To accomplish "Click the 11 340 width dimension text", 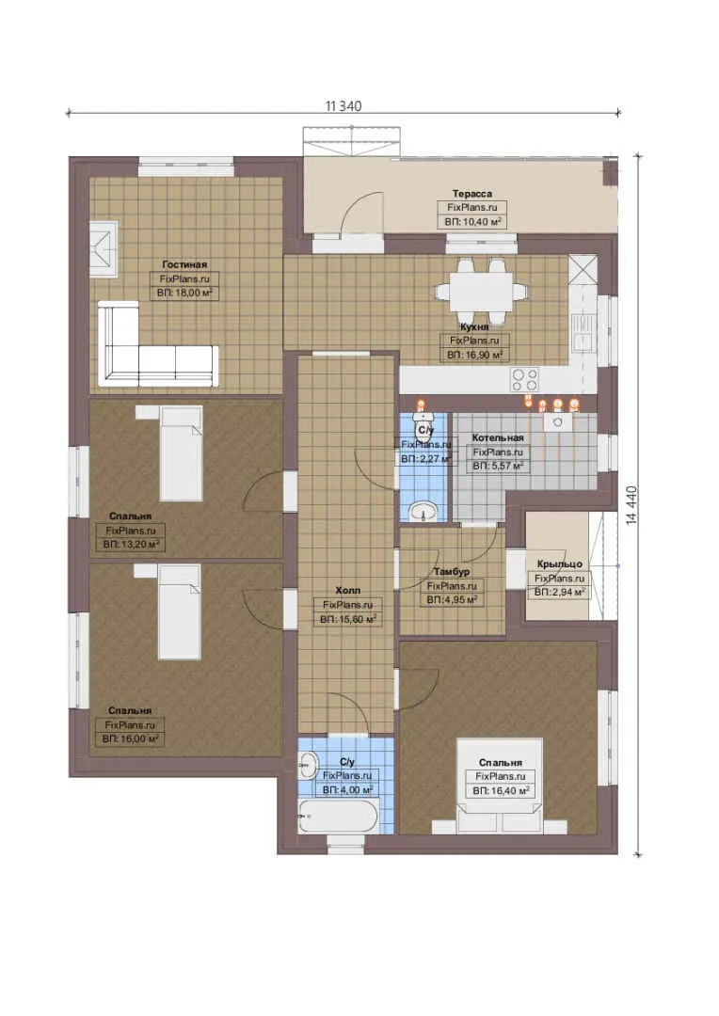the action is tap(343, 106).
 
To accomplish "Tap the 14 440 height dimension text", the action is tap(632, 505).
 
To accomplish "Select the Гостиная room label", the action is tap(184, 264).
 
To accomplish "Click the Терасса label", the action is tap(472, 194).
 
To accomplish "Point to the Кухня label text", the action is tap(474, 327).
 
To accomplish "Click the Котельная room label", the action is tap(497, 438).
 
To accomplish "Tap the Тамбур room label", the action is tap(451, 572).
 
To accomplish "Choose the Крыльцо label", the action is tap(560, 564).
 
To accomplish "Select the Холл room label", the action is tap(347, 590).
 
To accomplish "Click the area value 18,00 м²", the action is tap(184, 293).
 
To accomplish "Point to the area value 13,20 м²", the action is tap(131, 545).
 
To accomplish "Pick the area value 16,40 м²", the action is tap(502, 790).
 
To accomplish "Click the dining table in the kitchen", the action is tap(480, 293).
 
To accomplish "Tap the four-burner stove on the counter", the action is tap(524, 378).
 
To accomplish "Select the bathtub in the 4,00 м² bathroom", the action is tap(338, 817).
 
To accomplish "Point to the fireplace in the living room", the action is tap(104, 249).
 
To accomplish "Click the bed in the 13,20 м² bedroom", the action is tap(181, 453).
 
